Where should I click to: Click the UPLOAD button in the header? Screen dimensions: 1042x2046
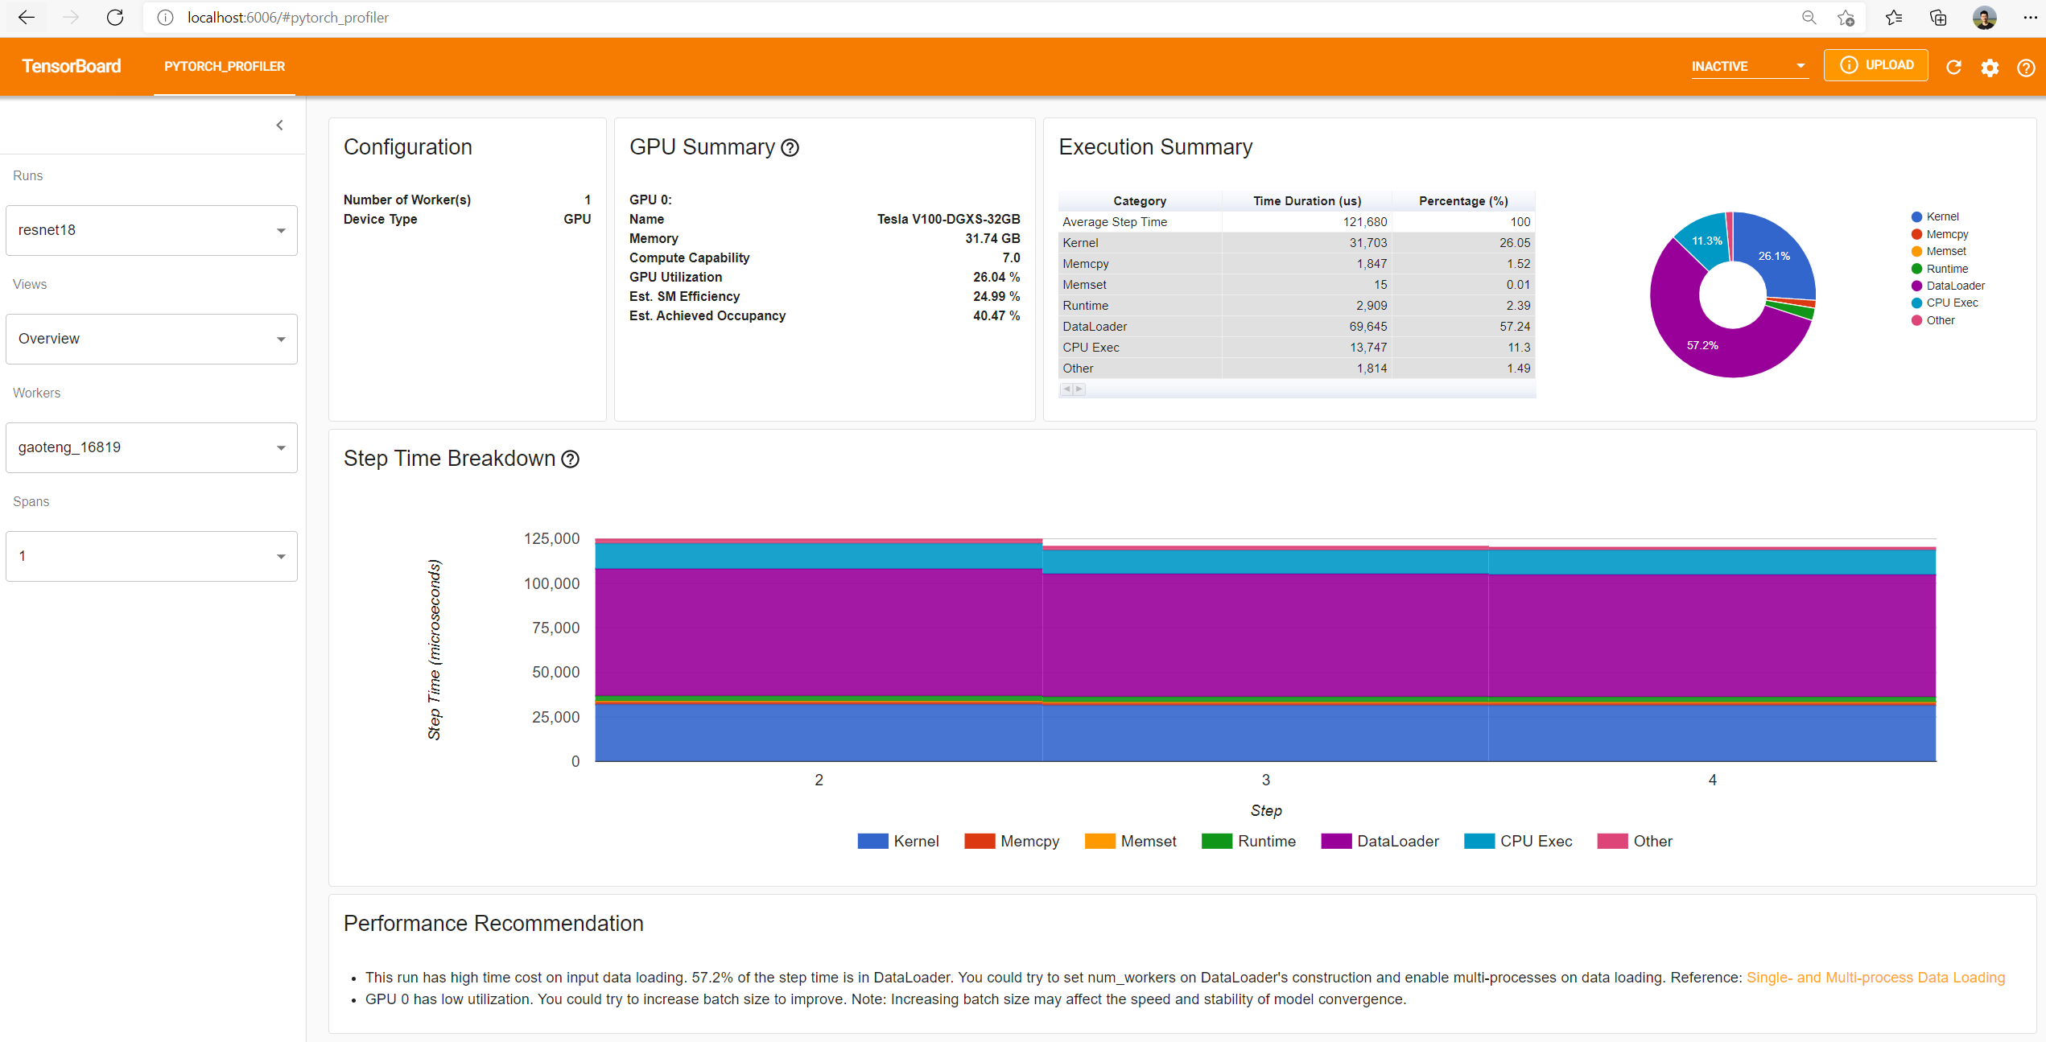point(1875,65)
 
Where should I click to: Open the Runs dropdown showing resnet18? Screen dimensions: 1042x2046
point(151,230)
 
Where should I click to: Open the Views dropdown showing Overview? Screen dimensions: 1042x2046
point(151,339)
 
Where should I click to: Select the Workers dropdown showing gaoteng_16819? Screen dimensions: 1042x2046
point(151,447)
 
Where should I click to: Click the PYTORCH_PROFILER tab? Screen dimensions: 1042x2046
point(225,67)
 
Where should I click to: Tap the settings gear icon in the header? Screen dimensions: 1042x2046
point(1990,68)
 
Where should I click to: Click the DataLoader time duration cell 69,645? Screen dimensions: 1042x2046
point(1367,327)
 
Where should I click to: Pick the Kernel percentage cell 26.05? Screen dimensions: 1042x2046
point(1514,243)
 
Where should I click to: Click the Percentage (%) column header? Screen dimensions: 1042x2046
point(1462,201)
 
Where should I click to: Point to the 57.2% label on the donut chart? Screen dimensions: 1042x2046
point(1702,345)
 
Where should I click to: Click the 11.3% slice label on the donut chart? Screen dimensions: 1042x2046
point(1706,241)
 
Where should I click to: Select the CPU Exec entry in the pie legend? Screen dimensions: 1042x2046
point(1951,303)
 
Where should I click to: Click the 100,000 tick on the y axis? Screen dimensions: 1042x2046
point(551,583)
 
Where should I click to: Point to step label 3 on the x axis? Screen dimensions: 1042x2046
point(1265,780)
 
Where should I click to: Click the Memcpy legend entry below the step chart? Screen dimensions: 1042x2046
point(1012,841)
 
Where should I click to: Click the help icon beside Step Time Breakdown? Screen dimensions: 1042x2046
point(571,459)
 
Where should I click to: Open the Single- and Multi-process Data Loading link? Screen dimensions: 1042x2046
point(1875,978)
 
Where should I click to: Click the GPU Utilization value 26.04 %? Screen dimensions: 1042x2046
point(996,277)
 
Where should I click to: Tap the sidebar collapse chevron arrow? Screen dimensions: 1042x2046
point(280,125)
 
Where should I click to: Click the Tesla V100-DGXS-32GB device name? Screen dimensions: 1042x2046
point(948,219)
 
